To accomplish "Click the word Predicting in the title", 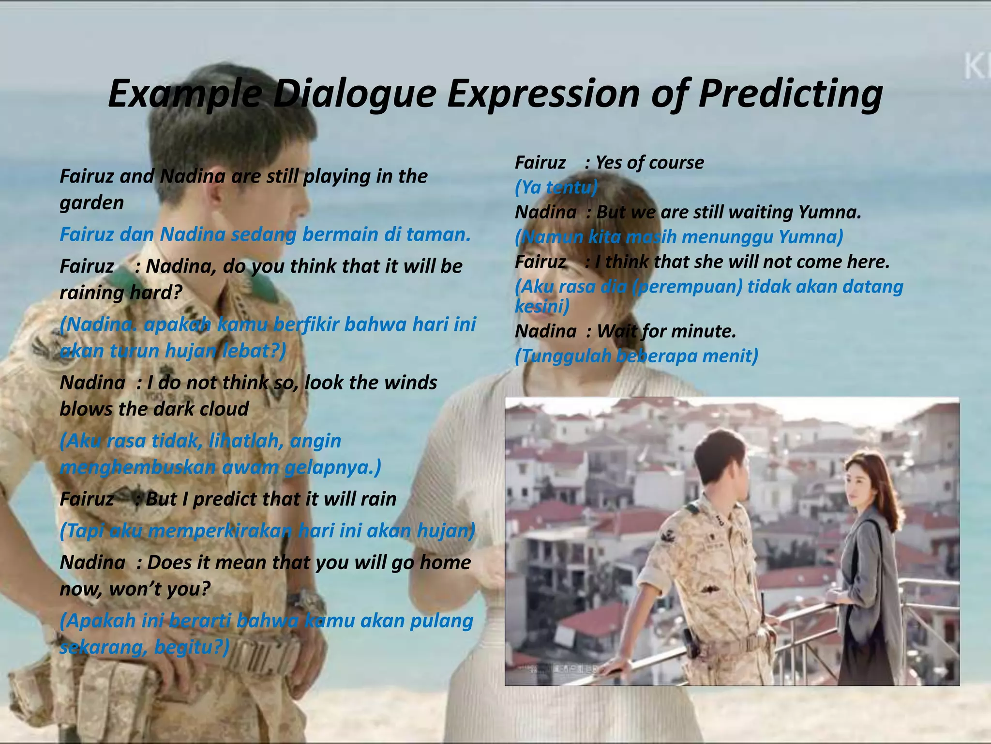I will tap(790, 94).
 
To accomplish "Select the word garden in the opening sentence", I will tap(91, 203).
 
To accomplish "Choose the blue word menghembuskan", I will tap(137, 467).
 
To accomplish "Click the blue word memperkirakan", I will tap(220, 531).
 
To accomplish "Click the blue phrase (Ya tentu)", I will tap(556, 187).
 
